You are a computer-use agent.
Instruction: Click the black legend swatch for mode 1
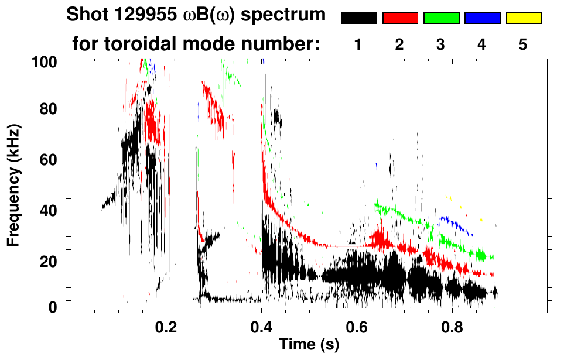tap(358, 18)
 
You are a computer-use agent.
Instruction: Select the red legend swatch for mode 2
tap(400, 18)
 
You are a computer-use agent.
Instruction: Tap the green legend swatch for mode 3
tap(441, 18)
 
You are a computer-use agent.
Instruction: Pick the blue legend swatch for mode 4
tap(482, 18)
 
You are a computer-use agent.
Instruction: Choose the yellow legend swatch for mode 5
tap(524, 18)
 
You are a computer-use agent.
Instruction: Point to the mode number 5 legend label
tap(523, 44)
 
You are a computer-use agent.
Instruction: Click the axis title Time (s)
tap(309, 345)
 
